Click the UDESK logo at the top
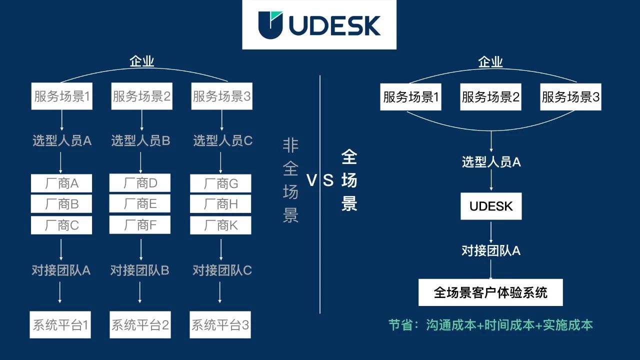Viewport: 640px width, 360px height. click(x=319, y=25)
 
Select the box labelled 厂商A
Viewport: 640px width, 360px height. click(x=61, y=183)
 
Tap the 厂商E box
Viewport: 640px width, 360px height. click(x=140, y=204)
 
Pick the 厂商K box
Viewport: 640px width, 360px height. click(x=220, y=225)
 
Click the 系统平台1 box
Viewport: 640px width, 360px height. click(x=60, y=325)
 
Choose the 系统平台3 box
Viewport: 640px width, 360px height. click(x=220, y=325)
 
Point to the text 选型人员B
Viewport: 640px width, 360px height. click(x=140, y=141)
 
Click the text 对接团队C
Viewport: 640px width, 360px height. click(x=222, y=270)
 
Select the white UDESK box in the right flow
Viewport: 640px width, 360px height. click(x=491, y=206)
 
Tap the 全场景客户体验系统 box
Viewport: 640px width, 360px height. click(x=490, y=292)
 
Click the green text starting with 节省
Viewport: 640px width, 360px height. click(x=490, y=325)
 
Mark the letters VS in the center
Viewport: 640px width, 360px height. click(x=320, y=180)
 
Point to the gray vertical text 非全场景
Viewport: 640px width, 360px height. click(x=290, y=180)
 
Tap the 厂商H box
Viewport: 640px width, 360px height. click(x=220, y=204)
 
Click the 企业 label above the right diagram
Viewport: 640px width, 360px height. click(x=490, y=62)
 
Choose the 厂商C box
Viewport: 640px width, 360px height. click(x=61, y=225)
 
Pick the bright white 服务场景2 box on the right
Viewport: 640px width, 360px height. click(x=490, y=97)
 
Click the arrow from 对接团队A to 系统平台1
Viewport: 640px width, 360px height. click(x=60, y=292)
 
